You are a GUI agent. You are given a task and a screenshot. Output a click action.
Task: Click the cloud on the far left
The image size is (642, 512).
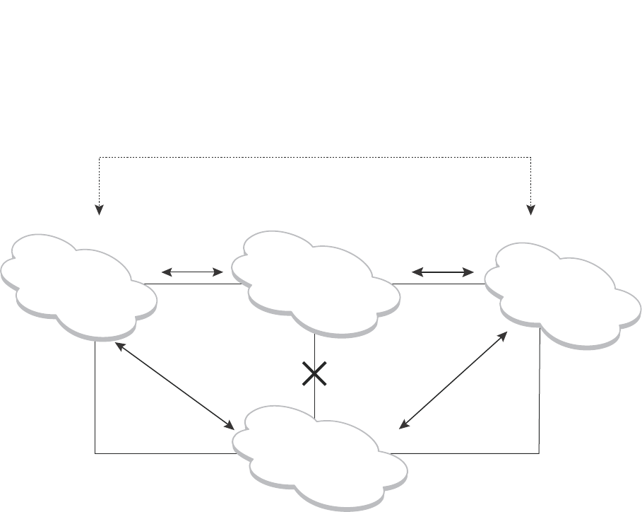(x=78, y=283)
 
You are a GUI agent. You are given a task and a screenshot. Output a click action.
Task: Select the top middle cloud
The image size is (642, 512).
(x=314, y=281)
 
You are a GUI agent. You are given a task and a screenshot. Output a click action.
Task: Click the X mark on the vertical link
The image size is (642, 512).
(x=314, y=373)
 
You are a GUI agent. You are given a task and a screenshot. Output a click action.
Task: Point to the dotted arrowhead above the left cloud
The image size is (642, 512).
(x=100, y=209)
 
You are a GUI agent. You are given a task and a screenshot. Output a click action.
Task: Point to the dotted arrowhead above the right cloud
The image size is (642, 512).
(x=531, y=209)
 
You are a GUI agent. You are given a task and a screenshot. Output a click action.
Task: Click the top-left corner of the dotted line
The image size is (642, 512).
(x=100, y=157)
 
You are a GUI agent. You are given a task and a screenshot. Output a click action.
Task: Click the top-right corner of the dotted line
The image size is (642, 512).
(x=531, y=157)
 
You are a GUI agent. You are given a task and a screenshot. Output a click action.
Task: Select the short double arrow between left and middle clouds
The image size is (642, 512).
(x=193, y=271)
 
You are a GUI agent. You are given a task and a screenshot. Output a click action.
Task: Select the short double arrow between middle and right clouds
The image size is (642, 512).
(x=443, y=271)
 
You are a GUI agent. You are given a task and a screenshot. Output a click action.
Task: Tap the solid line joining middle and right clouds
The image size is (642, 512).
(x=438, y=284)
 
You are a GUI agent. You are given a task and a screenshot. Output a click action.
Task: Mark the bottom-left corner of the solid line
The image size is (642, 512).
(x=95, y=453)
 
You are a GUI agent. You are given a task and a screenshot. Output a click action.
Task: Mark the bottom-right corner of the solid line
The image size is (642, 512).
(x=540, y=453)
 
